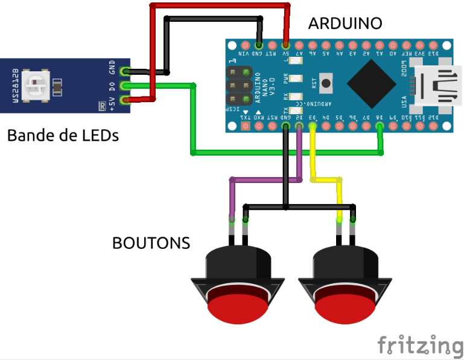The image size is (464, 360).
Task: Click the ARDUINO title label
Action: (x=345, y=24)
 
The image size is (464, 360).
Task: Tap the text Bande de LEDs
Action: (x=63, y=135)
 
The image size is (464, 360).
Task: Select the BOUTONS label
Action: (x=151, y=243)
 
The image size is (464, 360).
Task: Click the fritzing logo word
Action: (x=420, y=345)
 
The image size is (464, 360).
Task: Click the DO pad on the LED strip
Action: (x=126, y=86)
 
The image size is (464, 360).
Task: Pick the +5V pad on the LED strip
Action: (x=126, y=100)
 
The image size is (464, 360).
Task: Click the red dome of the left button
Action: (x=237, y=306)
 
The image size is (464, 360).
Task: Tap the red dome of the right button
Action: (x=345, y=306)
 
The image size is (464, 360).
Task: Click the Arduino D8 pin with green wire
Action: (x=379, y=126)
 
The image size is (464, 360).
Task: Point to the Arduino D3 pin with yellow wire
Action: (x=312, y=126)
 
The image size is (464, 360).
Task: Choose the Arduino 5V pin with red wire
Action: (x=285, y=45)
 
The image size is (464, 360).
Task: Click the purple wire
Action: (x=265, y=179)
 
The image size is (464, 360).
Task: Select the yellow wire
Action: (x=326, y=179)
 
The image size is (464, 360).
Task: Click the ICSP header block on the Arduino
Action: (x=240, y=85)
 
